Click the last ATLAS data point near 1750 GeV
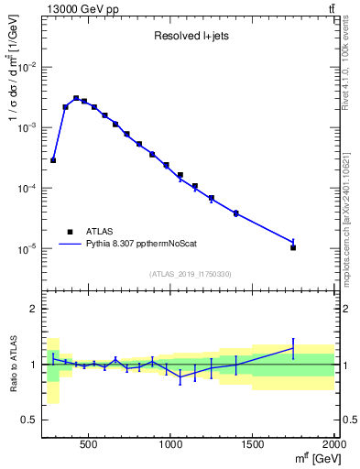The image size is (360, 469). [x=293, y=247]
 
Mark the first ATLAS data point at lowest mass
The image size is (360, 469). [x=53, y=160]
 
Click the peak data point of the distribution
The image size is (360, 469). [x=76, y=98]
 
